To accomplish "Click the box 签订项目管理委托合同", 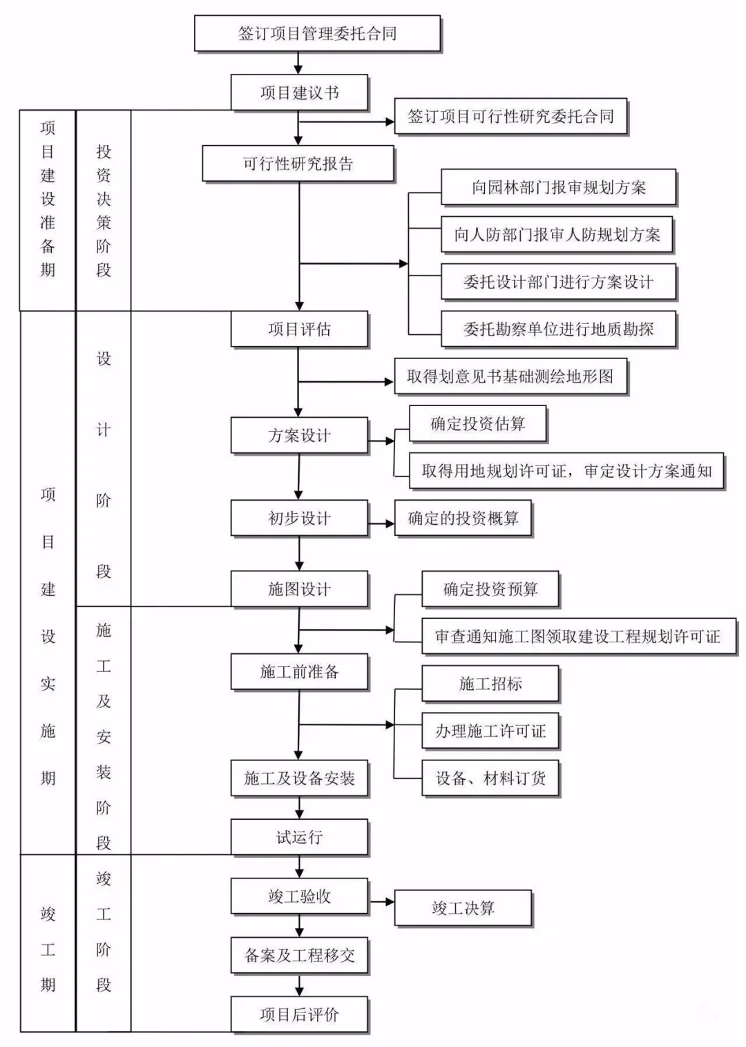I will point(317,34).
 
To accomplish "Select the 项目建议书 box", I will point(299,93).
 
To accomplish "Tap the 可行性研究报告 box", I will point(298,164).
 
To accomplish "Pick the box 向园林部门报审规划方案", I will point(558,187).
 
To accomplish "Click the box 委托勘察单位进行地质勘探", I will point(558,329).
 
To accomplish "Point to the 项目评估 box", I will point(299,329).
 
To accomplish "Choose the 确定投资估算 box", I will point(477,424).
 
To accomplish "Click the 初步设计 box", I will point(299,519).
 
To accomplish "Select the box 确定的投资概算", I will point(463,519).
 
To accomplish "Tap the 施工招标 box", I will point(490,684).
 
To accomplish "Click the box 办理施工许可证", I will point(490,731).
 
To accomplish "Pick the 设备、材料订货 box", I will point(490,778).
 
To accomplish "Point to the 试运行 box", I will point(299,838).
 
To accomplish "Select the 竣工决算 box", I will point(463,908).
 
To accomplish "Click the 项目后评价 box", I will point(299,1015).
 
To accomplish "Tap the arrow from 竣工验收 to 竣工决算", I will point(381,902).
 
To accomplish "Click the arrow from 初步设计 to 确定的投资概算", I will point(381,524).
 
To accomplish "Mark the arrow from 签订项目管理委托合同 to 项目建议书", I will point(299,63).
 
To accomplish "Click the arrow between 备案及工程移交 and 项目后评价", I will point(299,985).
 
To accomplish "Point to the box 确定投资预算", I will point(490,589).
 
